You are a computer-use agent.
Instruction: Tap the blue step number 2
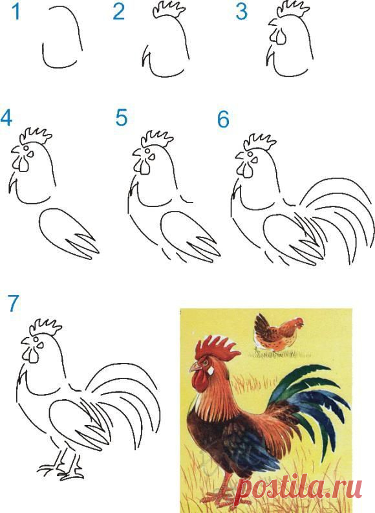(x=119, y=12)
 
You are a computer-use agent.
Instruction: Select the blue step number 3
(x=241, y=12)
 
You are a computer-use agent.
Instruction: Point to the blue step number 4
(x=6, y=118)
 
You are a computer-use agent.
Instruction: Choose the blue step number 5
(x=122, y=118)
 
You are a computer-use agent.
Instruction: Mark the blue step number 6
(x=223, y=119)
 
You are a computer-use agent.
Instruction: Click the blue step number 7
(x=13, y=303)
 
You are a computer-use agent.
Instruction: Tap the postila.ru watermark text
(x=299, y=488)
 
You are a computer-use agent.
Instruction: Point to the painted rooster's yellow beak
(x=195, y=367)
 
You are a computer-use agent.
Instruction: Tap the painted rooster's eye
(x=206, y=362)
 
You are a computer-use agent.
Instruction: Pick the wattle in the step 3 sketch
(x=279, y=37)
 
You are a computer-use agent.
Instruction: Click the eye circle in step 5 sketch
(x=145, y=151)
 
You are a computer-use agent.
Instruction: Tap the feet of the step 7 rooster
(x=61, y=471)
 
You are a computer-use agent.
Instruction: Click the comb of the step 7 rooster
(x=45, y=327)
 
